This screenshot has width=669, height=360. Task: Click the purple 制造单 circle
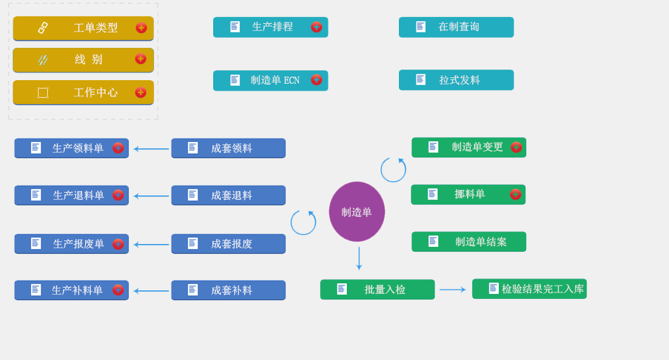coord(357,212)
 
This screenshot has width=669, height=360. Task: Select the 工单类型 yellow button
coord(83,28)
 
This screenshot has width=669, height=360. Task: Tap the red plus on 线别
coord(141,59)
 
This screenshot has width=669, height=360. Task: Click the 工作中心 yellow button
coord(83,92)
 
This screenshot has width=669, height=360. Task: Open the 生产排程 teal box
coord(270,27)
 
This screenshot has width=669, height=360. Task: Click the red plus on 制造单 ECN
coord(317,80)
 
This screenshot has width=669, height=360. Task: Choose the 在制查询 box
coord(456,27)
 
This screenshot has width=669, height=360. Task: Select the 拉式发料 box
coord(456,80)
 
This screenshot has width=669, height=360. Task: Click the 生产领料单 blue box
coord(71,148)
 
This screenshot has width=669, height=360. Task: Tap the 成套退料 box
coord(228,195)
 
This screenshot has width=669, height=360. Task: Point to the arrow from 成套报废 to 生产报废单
coord(151,245)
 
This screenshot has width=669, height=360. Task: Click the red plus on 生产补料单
coord(117,290)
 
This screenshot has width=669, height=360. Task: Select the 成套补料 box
coord(228,290)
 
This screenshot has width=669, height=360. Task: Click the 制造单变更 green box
coord(469,147)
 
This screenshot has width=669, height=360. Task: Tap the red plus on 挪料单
coord(516,194)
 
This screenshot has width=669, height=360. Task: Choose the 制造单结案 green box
coord(469,242)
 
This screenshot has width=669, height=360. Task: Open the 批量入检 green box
coord(377,290)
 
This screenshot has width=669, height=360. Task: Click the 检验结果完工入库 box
coord(529,289)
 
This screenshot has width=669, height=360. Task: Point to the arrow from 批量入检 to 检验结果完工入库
coord(452,290)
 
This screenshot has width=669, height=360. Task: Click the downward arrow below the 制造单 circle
coord(359,258)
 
